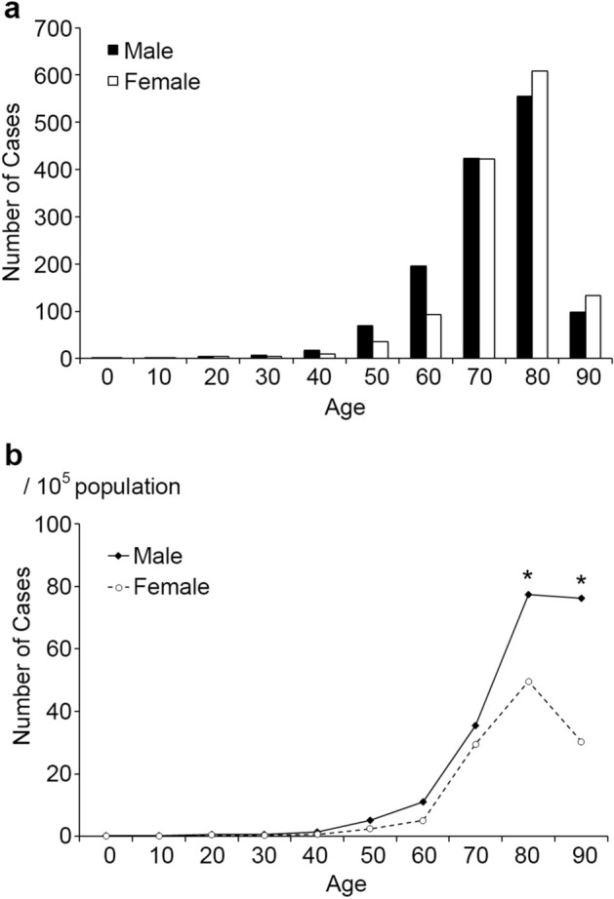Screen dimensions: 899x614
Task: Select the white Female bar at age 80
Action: click(x=539, y=215)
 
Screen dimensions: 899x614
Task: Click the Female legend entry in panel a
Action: click(x=151, y=82)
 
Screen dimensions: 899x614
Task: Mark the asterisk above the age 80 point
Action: click(x=528, y=575)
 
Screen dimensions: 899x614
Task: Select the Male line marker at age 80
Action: click(x=528, y=594)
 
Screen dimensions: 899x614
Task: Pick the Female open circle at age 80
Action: click(x=528, y=682)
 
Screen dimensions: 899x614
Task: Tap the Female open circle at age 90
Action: click(x=581, y=742)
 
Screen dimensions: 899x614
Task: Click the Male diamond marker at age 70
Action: click(x=475, y=725)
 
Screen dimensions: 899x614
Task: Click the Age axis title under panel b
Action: click(x=346, y=884)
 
